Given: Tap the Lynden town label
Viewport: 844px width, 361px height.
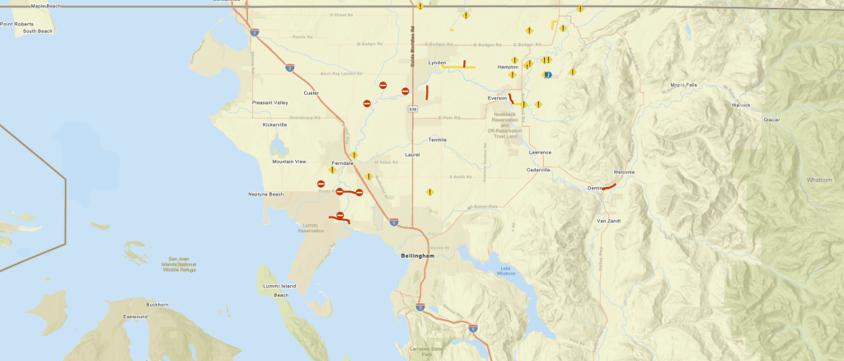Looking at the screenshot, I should coord(437,62).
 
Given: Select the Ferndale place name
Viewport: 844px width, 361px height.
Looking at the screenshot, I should coord(341,163).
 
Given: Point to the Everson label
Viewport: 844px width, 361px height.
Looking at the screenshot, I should coord(497,98).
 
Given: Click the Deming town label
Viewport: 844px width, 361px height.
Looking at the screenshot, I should coord(595,188).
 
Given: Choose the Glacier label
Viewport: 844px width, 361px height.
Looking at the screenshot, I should coord(771,120).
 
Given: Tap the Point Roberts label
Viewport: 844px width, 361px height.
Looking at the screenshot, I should coord(17,24).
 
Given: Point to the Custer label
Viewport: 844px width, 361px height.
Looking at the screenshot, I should coord(311,93).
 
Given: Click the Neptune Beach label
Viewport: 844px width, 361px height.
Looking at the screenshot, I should coord(265,194).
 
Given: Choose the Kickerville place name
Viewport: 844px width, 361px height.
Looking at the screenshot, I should coord(274,124).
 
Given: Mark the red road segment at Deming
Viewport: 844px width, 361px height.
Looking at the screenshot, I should coord(608,187).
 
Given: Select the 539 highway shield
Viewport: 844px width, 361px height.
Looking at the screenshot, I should coord(411,108).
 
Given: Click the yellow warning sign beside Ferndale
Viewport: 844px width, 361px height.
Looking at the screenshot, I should coord(354,155).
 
